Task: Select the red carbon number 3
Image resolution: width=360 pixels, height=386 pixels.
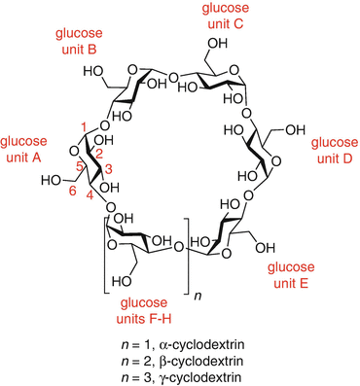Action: pyautogui.click(x=108, y=168)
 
